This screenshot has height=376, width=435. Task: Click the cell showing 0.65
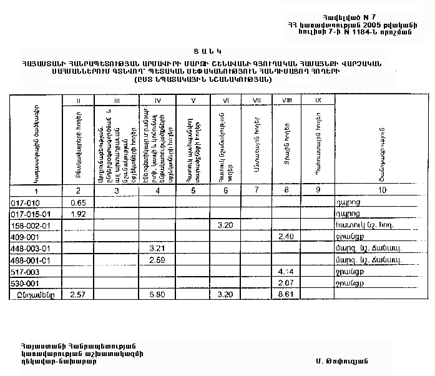[x=78, y=203]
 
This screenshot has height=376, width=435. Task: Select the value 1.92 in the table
[x=78, y=214]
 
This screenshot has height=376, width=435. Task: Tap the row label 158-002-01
[x=31, y=225]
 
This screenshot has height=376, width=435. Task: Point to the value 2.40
[x=285, y=237]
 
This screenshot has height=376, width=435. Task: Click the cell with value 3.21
[x=157, y=249]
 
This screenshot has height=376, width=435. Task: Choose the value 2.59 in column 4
[x=157, y=260]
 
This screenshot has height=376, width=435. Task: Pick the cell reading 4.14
[x=285, y=272]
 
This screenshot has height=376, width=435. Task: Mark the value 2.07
[x=285, y=283]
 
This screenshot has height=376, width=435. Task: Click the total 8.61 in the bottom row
[x=285, y=294]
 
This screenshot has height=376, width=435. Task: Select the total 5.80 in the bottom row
[x=157, y=294]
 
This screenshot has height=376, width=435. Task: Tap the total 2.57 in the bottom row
[x=78, y=294]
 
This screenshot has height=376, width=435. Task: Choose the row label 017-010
[x=26, y=203]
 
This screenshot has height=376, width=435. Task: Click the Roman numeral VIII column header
[x=286, y=101]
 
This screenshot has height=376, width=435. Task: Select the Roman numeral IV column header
[x=157, y=101]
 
